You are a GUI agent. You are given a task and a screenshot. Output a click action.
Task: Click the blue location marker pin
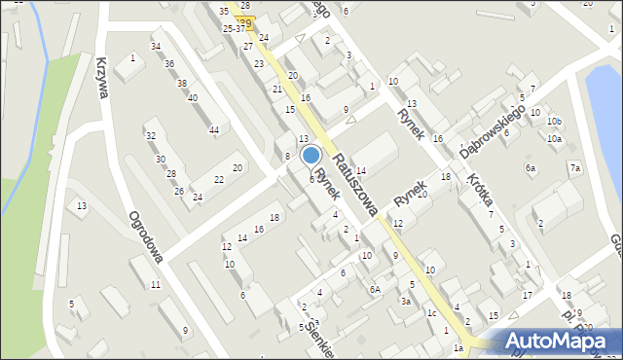coord(311,155)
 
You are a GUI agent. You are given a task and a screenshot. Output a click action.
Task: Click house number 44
coord(214,130)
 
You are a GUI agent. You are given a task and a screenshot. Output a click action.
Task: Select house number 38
coord(181,84)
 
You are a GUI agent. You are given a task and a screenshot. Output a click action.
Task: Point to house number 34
coord(156,47)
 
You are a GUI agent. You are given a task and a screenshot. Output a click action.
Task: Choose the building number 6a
coord(531,168)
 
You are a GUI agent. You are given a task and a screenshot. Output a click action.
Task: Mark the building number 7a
coord(575,169)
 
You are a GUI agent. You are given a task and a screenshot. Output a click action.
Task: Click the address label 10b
coord(554,122)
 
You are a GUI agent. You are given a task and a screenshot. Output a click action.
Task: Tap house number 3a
coord(405,302)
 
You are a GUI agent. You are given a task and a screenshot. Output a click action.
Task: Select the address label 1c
coord(430,313)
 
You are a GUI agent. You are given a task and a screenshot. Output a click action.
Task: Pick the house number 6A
coord(374,289)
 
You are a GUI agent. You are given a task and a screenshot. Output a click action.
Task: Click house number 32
coord(150,135)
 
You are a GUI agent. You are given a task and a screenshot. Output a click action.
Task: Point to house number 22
coord(219,180)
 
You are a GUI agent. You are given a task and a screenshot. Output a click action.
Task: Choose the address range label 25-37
coord(234,29)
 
